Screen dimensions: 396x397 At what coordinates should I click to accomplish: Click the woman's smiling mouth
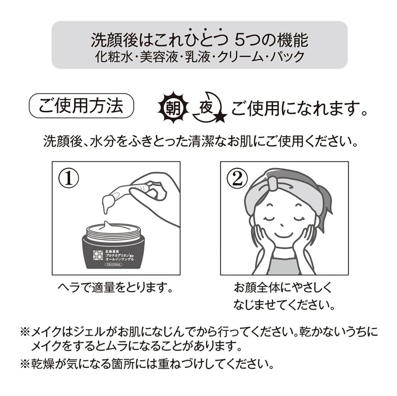click(x=284, y=235)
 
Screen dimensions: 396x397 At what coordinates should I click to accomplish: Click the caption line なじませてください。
click(x=284, y=304)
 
